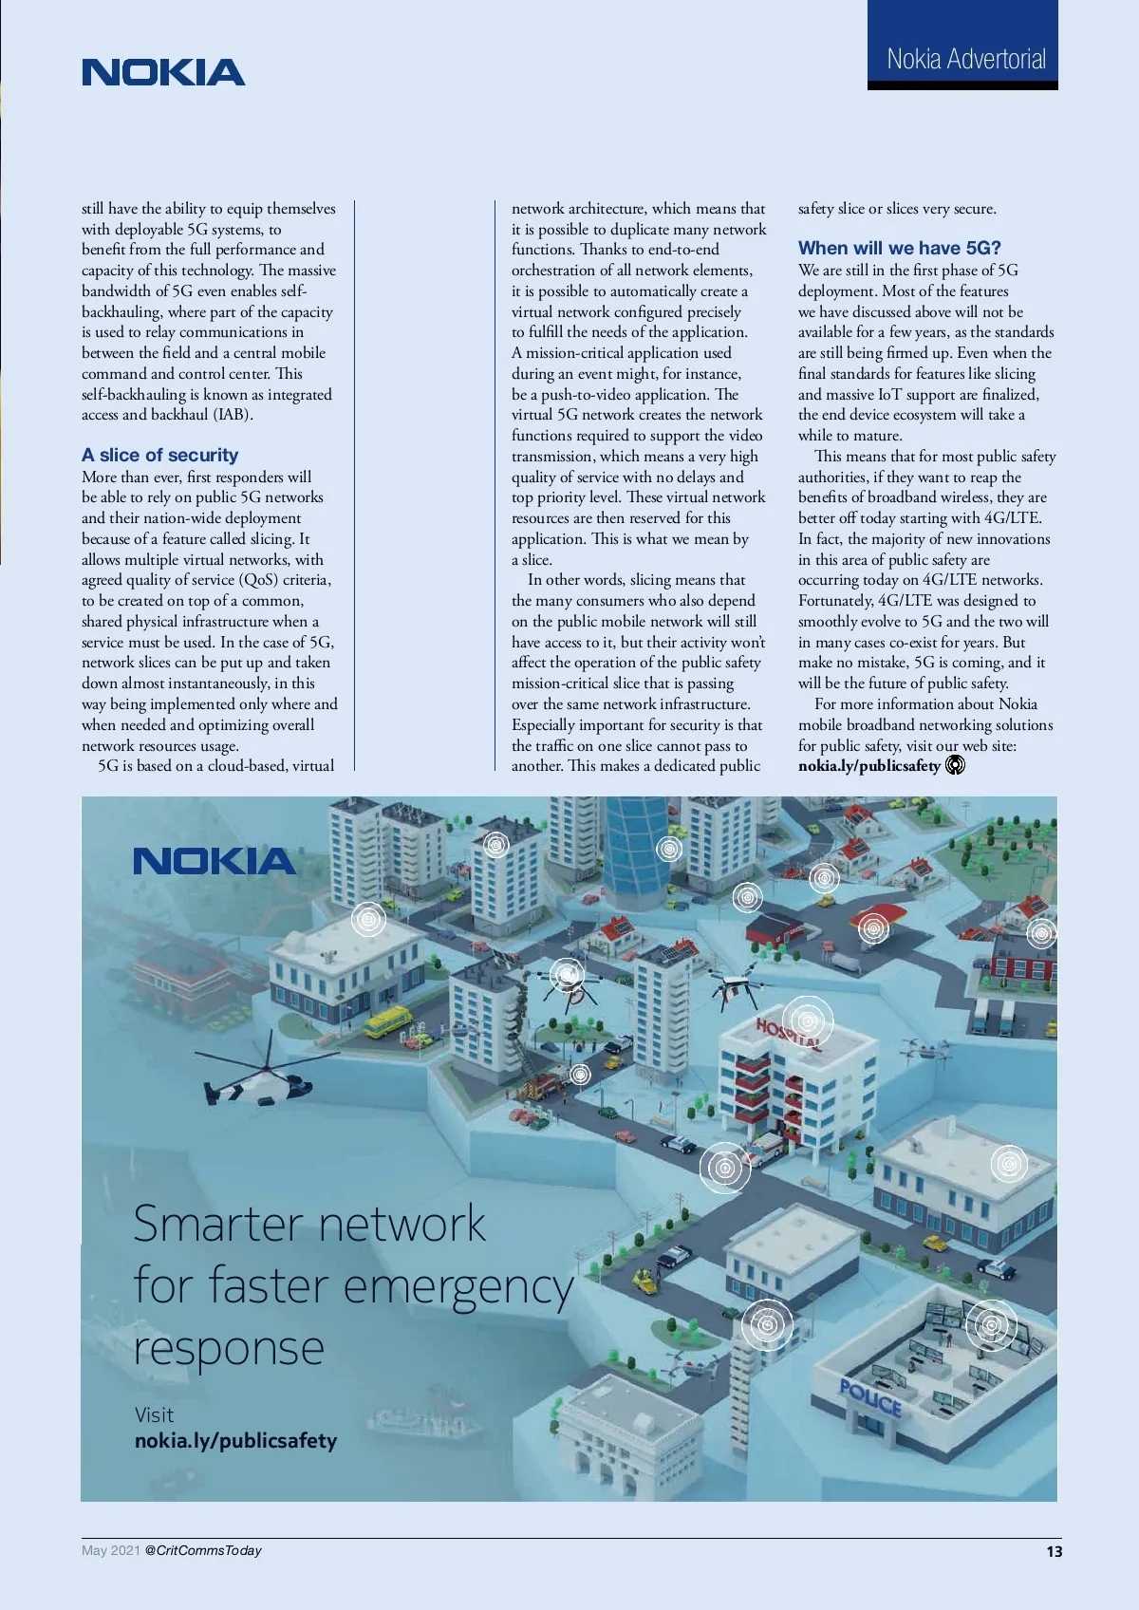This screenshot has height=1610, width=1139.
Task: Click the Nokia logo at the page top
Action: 163,73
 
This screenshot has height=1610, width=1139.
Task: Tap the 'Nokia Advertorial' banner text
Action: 965,60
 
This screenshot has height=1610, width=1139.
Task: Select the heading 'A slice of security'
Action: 159,455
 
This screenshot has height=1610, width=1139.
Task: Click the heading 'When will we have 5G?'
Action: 899,248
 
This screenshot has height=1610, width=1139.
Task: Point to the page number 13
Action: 1054,1551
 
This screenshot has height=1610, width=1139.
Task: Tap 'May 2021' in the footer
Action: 110,1550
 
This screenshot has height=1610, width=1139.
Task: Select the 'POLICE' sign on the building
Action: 869,1398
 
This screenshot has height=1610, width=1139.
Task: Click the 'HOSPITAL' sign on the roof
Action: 787,1033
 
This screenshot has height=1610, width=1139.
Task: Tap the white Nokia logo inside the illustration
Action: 215,861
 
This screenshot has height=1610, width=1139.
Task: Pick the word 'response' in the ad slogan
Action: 229,1348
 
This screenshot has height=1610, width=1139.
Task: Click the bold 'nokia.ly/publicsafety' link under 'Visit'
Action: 235,1441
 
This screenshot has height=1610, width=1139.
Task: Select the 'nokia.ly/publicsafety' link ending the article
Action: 868,765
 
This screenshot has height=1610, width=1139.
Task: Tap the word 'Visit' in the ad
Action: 154,1414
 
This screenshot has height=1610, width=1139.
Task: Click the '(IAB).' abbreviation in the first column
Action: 232,415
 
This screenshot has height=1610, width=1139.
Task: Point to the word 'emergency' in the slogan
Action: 458,1288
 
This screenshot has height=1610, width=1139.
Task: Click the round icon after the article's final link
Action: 956,764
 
